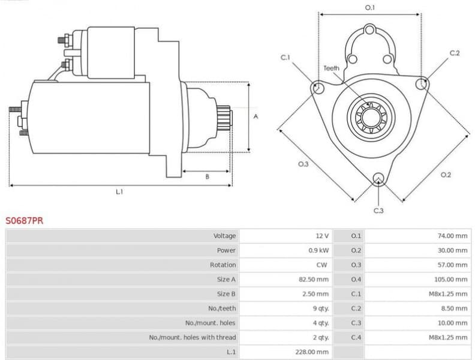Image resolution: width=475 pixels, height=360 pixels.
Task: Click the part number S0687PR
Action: click(x=24, y=221)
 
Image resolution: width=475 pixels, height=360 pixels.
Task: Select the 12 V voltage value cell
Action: click(x=321, y=236)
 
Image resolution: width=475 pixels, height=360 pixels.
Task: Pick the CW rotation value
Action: click(x=323, y=265)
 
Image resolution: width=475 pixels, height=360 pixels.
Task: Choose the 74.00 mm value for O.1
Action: click(x=452, y=236)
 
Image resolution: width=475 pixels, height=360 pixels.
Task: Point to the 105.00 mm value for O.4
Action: click(x=451, y=279)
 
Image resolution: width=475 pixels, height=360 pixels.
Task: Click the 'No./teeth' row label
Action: click(x=224, y=308)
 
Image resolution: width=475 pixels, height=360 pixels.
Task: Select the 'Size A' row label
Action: click(x=226, y=279)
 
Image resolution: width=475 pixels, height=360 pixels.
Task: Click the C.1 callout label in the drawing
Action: click(x=285, y=58)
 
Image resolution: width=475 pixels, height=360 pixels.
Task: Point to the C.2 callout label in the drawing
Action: click(x=455, y=53)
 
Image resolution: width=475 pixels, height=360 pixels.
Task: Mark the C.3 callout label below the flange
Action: click(x=378, y=211)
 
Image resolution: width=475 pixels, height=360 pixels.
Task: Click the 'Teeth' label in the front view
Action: click(x=331, y=68)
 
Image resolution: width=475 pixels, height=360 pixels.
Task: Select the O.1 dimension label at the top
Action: click(x=370, y=8)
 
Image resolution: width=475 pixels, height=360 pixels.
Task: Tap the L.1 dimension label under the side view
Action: click(x=119, y=192)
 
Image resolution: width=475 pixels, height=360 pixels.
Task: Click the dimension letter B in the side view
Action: click(x=207, y=176)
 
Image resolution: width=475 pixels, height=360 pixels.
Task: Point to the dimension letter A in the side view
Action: click(x=255, y=117)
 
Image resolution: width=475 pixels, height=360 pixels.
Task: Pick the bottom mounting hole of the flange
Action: click(x=378, y=178)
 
